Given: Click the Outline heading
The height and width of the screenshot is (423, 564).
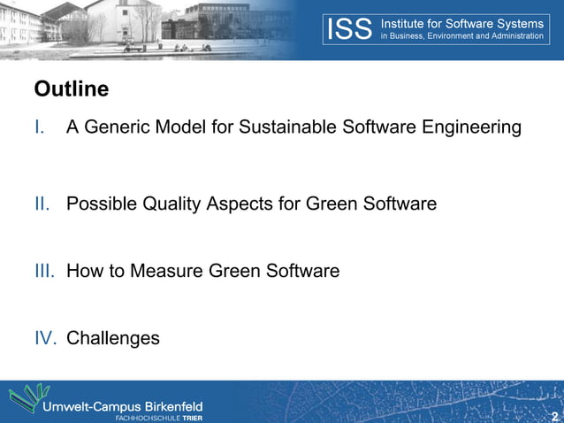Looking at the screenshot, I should (71, 89).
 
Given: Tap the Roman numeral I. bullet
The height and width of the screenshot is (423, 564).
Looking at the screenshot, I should (40, 127).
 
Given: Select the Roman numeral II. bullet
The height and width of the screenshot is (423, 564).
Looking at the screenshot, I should (42, 204).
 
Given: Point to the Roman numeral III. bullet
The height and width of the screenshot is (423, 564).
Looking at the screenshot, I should (44, 271).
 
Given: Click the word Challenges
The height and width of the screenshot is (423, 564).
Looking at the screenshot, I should (113, 338).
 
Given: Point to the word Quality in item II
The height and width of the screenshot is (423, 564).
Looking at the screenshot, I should (170, 204).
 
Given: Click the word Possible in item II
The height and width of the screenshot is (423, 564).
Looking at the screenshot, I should (99, 204).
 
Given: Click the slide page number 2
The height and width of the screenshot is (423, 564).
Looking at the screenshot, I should (554, 416).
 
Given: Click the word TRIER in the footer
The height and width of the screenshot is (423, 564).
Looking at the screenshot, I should (192, 417).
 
